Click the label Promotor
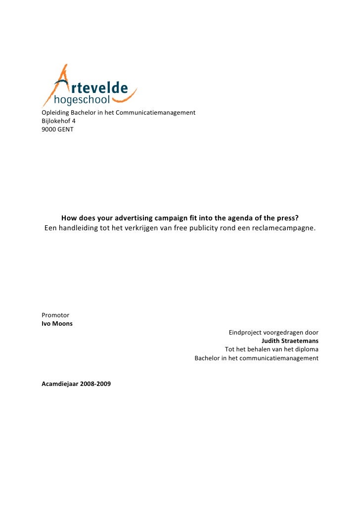[55, 315]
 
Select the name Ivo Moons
[57, 324]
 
